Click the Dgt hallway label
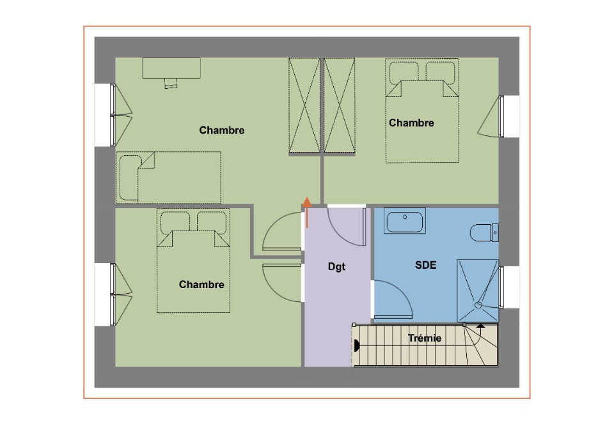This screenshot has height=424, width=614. [336, 267]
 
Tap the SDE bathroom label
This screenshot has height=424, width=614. [426, 266]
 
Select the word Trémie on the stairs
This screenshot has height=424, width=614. [425, 338]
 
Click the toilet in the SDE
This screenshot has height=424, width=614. [484, 232]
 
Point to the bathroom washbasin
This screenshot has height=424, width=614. [404, 221]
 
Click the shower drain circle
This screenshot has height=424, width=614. [478, 305]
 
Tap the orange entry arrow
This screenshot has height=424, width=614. [307, 212]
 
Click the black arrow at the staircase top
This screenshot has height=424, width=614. [481, 326]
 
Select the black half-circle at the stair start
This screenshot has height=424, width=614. [356, 345]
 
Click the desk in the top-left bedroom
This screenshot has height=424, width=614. [171, 68]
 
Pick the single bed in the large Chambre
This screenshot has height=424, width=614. [168, 178]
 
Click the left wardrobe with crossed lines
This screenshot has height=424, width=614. [304, 105]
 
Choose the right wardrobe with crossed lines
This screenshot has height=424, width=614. [340, 105]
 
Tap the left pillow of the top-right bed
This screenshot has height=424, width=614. [404, 73]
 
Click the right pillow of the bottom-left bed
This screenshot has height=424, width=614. [212, 222]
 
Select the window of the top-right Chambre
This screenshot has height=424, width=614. [501, 116]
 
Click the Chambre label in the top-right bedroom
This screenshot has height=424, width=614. [411, 123]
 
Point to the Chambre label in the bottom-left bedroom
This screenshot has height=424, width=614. [201, 285]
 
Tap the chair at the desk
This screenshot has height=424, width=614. [171, 83]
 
